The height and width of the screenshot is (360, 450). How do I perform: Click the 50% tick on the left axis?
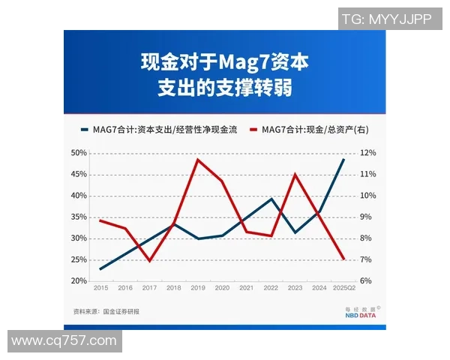click(79, 153)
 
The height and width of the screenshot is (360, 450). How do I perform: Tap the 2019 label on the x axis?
click(197, 288)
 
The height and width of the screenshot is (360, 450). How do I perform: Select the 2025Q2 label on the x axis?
click(343, 288)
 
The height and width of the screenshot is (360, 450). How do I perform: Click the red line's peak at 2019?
click(197, 159)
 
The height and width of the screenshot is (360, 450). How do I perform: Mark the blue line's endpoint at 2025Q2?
click(343, 159)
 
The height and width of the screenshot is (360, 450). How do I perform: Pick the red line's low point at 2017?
click(150, 261)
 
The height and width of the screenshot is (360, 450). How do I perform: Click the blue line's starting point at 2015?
click(101, 268)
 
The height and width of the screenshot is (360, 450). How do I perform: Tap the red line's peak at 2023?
click(295, 175)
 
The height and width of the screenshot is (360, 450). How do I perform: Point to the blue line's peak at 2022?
click(271, 199)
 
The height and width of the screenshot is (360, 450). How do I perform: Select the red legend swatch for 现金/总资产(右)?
click(253, 130)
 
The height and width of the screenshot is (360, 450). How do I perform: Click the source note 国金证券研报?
click(122, 311)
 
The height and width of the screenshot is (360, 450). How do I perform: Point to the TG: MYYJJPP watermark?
click(387, 19)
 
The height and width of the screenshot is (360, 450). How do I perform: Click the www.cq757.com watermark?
click(64, 341)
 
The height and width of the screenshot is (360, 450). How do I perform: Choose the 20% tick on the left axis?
click(79, 281)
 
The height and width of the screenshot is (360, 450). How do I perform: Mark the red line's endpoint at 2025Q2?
click(343, 259)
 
